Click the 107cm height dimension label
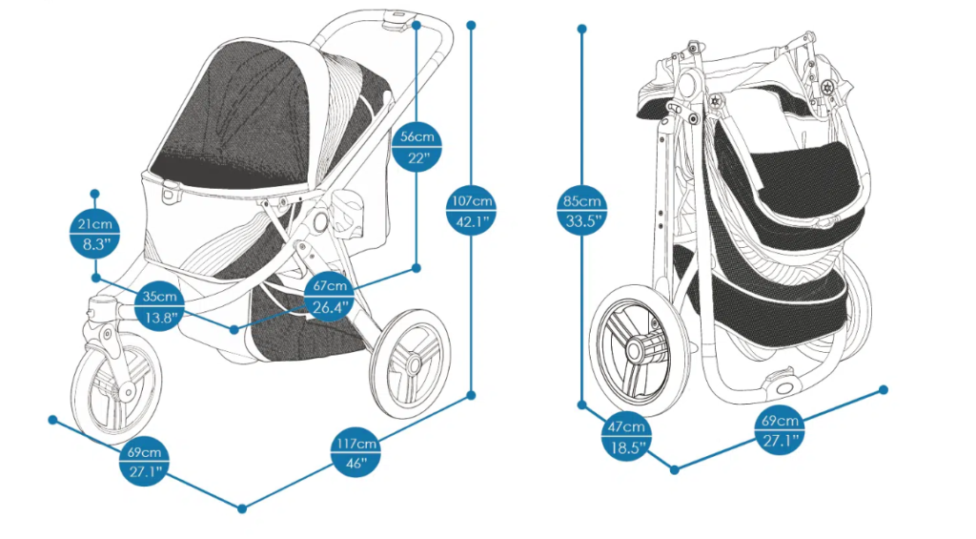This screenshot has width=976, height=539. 472,211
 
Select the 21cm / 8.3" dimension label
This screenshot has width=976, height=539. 95,235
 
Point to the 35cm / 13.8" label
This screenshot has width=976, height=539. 159,306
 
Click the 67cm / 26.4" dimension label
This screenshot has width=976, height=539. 328,296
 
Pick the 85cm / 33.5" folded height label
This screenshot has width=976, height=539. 581,212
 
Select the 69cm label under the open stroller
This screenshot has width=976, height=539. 144,462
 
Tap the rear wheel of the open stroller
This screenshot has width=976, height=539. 410,363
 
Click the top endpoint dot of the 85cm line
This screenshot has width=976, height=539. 581,29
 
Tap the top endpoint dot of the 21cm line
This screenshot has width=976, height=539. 95,194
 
